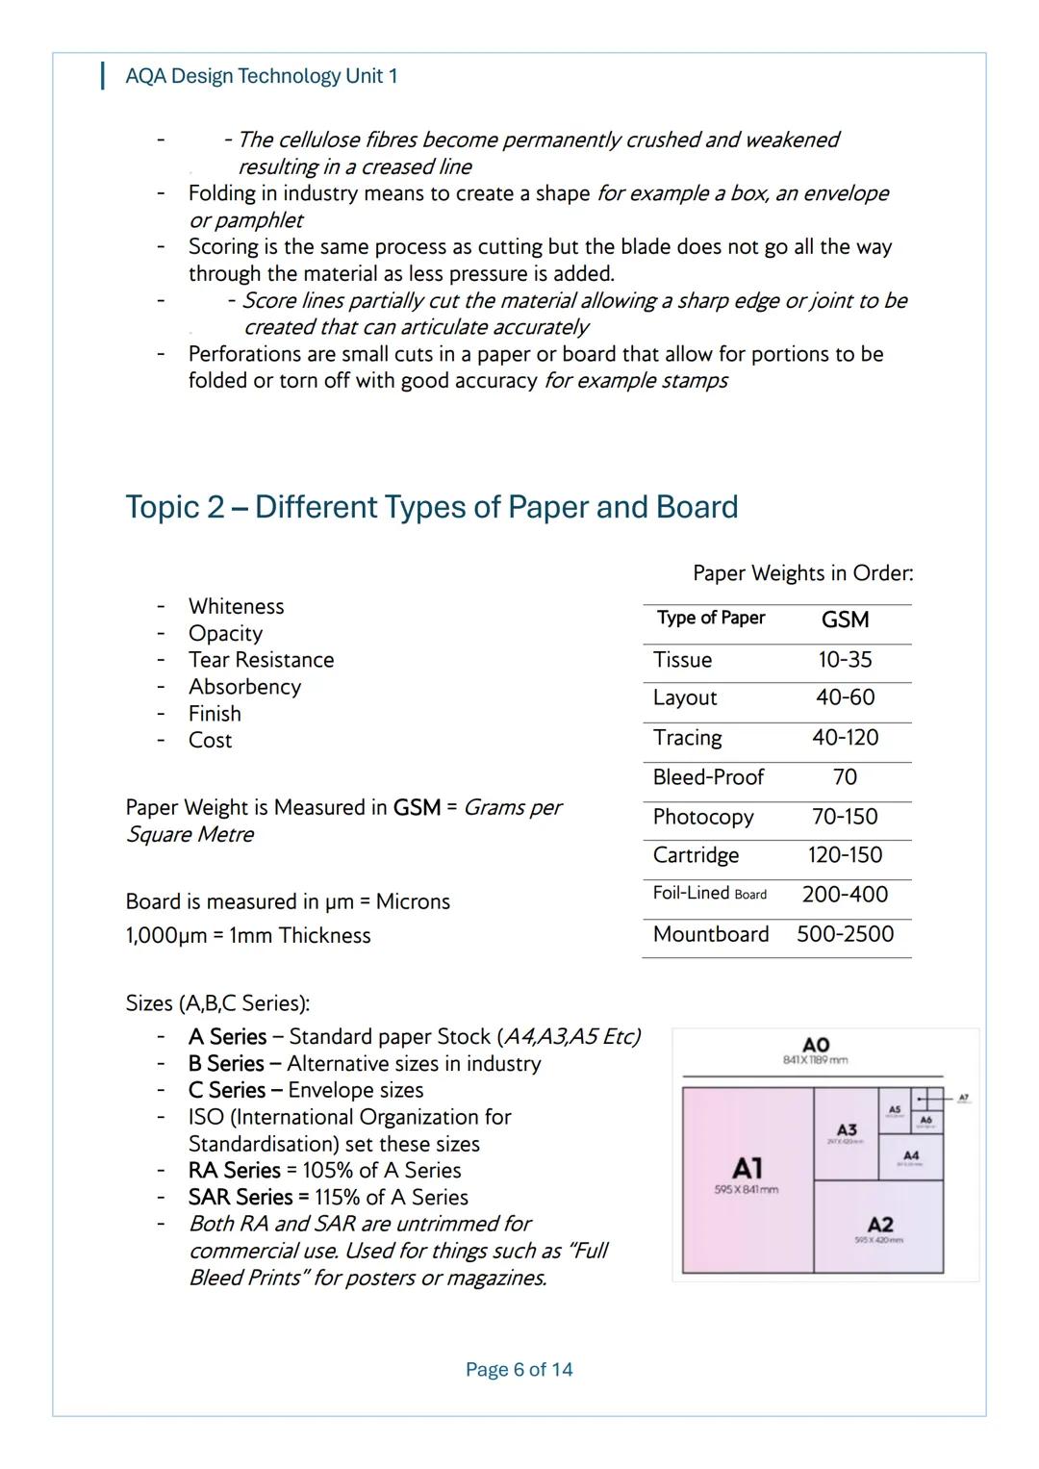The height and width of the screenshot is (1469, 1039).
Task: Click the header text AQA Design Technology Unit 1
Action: pyautogui.click(x=261, y=76)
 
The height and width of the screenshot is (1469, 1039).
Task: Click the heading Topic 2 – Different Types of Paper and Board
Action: pyautogui.click(x=432, y=507)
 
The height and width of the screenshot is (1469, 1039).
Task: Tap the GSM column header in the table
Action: pyautogui.click(x=845, y=620)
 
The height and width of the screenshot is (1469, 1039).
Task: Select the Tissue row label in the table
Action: pyautogui.click(x=682, y=660)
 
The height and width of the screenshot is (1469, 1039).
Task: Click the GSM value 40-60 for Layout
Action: pyautogui.click(x=845, y=697)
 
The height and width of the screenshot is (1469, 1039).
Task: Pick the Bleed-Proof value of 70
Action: pyautogui.click(x=845, y=777)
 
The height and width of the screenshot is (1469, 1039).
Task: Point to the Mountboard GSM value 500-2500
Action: pyautogui.click(x=845, y=934)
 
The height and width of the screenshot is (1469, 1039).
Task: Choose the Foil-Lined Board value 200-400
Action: pyautogui.click(x=845, y=895)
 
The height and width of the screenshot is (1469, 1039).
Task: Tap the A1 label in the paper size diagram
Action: pyautogui.click(x=748, y=1168)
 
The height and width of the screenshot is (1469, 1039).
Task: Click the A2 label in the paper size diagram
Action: pyautogui.click(x=879, y=1224)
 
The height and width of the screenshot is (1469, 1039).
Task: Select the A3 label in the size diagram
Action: pyautogui.click(x=847, y=1129)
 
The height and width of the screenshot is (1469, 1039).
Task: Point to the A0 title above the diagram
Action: pyautogui.click(x=816, y=1045)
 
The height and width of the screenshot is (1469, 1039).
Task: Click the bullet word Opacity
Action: pyautogui.click(x=225, y=633)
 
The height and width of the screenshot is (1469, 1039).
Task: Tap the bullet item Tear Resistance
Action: pyautogui.click(x=261, y=660)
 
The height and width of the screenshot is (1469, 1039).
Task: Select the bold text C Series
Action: pyautogui.click(x=227, y=1090)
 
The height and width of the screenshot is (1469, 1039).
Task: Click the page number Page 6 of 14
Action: pyautogui.click(x=519, y=1370)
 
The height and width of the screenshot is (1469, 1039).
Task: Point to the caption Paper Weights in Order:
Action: pyautogui.click(x=802, y=573)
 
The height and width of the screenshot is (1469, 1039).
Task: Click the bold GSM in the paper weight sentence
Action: pyautogui.click(x=417, y=807)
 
